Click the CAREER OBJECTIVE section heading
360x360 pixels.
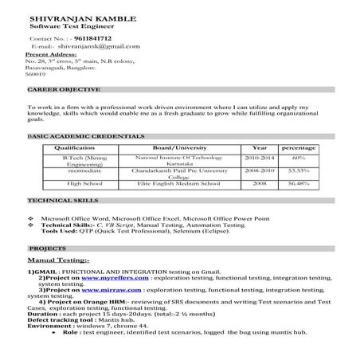coord(64,90)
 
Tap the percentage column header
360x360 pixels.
coord(299,148)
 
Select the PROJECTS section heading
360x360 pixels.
coord(48,248)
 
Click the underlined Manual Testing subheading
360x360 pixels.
coord(58,260)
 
